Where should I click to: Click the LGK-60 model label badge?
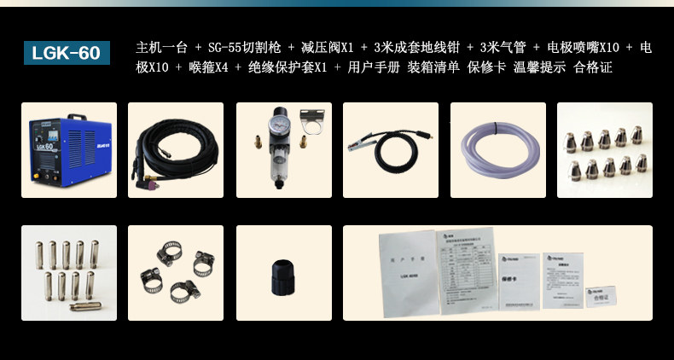click(67, 53)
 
